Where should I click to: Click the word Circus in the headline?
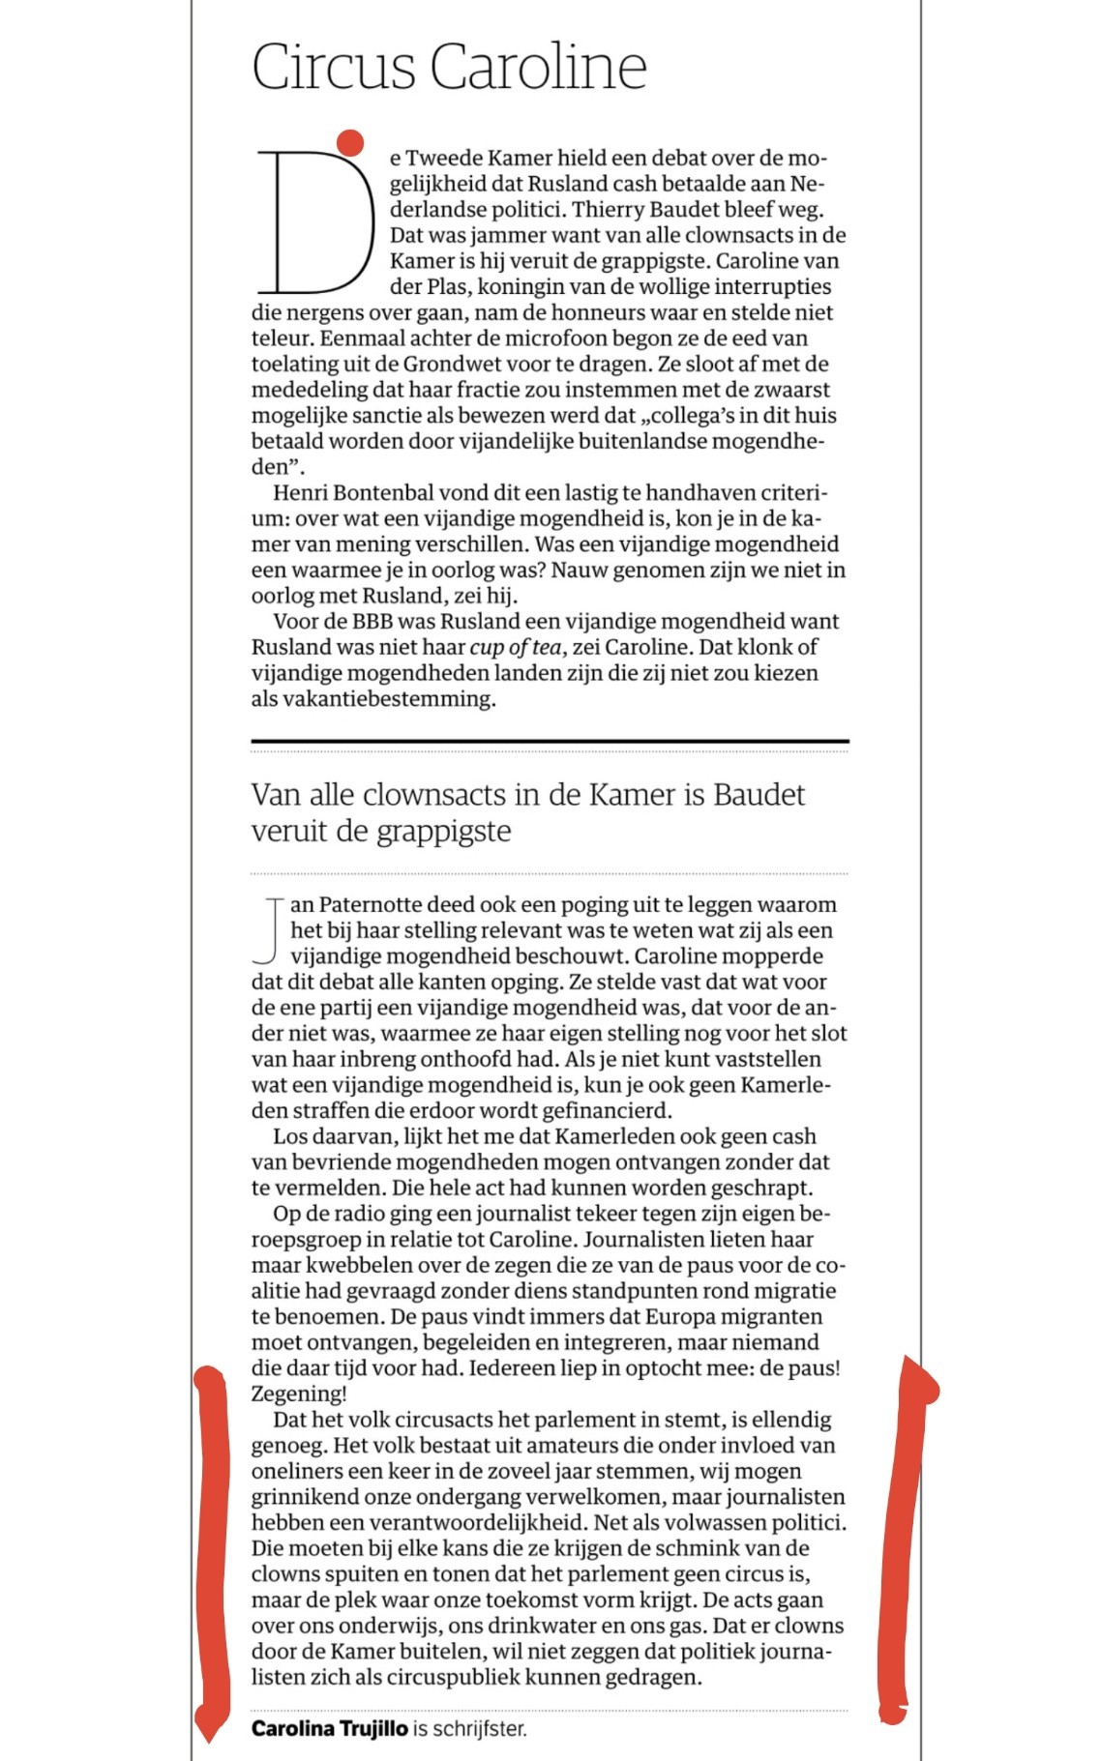pos(334,67)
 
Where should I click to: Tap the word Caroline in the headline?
pos(538,67)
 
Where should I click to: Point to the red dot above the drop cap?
pos(350,142)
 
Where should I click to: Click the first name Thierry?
pos(611,210)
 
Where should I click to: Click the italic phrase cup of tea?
pos(515,648)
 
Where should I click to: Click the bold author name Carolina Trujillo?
pos(329,1729)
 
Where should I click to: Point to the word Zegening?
pos(298,1394)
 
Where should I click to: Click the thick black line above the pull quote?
pos(550,742)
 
